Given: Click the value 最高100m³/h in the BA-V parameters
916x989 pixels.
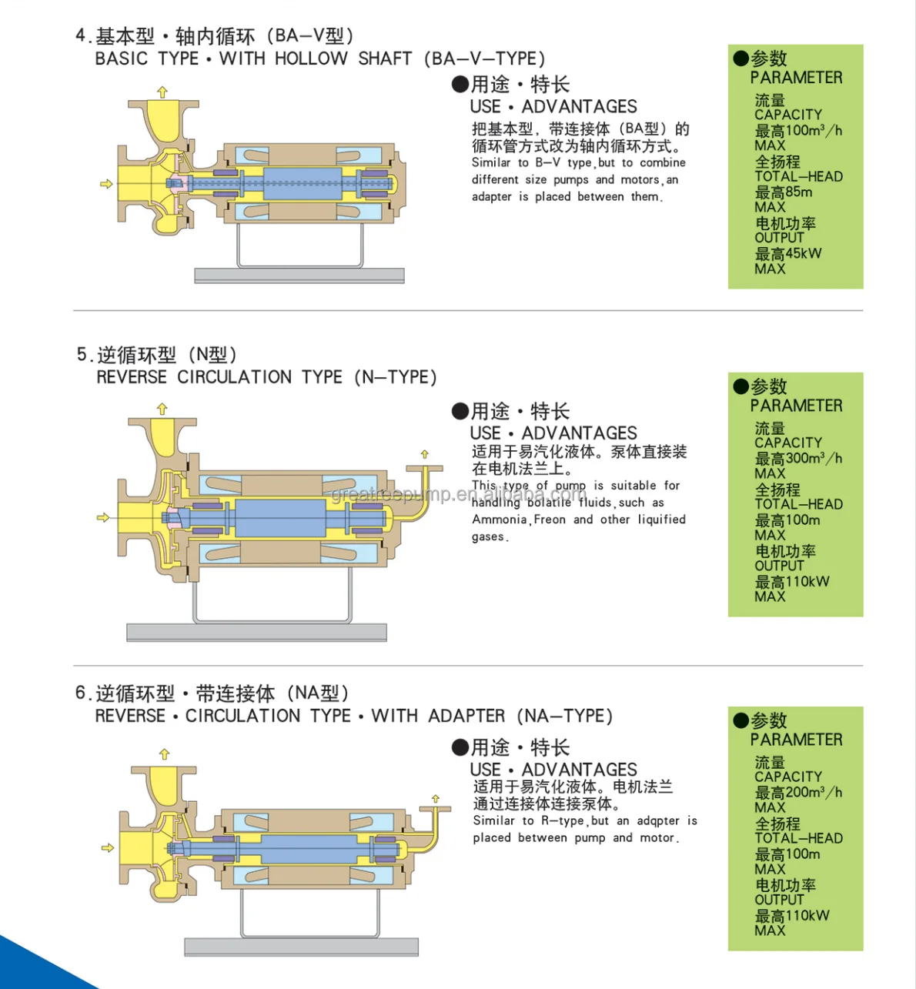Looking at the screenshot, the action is coord(797,130).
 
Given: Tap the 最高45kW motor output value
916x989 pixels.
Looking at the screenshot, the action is coord(787,253).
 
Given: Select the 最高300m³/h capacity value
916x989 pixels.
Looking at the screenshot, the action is coord(797,458).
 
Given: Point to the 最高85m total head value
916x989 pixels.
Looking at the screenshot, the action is coord(783,192).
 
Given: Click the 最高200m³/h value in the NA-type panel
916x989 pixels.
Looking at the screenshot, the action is coord(797,792).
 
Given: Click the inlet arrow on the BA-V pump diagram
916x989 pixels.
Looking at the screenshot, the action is coord(106,184).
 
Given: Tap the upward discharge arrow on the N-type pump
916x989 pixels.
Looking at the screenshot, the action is coord(162,409).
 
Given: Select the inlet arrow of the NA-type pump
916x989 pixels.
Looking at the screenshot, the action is coord(107,847).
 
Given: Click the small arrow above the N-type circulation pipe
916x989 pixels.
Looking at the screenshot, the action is coord(424,454).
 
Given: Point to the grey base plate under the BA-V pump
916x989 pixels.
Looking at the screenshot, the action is coord(299,276).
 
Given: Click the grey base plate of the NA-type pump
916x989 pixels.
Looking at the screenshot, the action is coord(301,946).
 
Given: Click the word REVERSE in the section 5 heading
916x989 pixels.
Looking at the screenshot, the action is coord(131,377).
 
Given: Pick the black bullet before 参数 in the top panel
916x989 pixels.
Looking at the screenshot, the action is coord(740,58).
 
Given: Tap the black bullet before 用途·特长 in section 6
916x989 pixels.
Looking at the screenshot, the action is coord(460,747).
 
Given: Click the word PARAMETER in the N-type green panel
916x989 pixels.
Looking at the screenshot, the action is coord(796,406).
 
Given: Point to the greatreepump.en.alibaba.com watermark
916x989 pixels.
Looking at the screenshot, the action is coord(459,494).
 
